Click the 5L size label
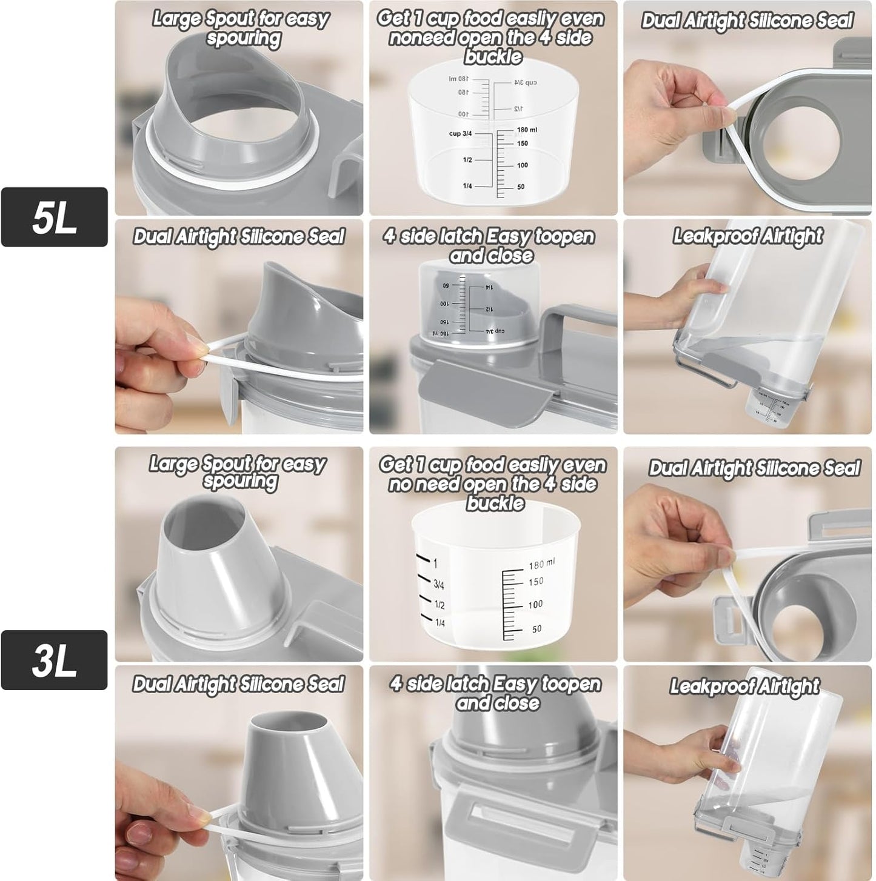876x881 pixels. [54, 218]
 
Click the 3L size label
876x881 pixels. [54, 660]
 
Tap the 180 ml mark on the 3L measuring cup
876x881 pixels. [541, 565]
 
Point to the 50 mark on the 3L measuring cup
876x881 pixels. [537, 629]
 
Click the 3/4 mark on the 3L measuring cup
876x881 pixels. [438, 585]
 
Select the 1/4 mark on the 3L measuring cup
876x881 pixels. [440, 623]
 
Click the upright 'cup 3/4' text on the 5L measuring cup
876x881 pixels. [460, 133]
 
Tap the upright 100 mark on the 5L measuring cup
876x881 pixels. [522, 165]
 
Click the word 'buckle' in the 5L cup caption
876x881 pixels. [493, 57]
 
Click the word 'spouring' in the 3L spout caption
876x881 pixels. [241, 482]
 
